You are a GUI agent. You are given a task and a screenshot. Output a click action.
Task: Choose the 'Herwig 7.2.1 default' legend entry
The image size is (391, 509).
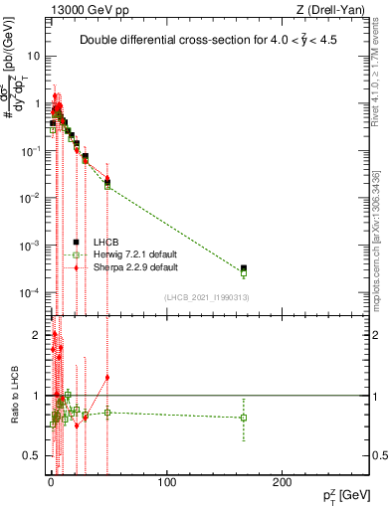[128, 254]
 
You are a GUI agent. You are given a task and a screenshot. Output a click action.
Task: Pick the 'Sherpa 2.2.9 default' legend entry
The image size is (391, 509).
[128, 267]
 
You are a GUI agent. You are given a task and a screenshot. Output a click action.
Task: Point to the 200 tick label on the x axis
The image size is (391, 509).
[283, 482]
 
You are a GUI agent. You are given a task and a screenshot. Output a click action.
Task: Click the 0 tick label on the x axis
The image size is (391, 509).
[51, 482]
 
